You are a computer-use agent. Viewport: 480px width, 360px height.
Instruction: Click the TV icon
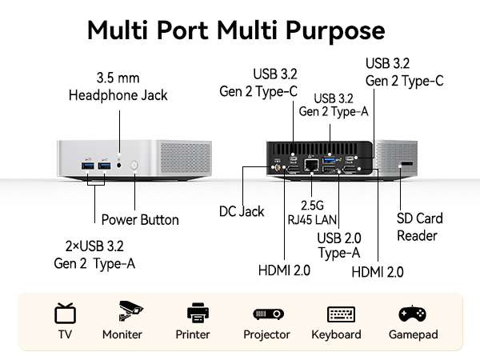(65, 313)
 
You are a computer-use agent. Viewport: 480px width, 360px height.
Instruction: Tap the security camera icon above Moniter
(130, 310)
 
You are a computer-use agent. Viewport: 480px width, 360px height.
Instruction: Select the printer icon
(198, 313)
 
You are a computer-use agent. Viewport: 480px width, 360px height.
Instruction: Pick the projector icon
(269, 314)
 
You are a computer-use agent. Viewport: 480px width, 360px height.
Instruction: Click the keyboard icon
(341, 314)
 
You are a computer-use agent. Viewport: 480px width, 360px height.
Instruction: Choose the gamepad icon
(412, 314)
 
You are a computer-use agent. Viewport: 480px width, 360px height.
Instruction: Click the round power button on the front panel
(134, 166)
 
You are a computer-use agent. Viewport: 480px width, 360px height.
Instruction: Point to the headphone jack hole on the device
(119, 166)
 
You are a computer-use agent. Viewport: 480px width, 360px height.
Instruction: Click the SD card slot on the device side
(407, 164)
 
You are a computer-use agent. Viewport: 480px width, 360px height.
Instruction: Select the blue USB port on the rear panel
(329, 160)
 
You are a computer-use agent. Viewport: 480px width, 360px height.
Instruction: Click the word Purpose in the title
(335, 30)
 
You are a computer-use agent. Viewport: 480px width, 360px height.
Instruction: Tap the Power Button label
(140, 220)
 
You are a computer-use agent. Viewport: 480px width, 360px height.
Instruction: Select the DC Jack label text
(242, 211)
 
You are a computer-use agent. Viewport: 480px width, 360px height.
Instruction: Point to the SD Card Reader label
(419, 227)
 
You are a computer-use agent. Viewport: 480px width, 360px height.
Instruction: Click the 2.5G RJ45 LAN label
(312, 213)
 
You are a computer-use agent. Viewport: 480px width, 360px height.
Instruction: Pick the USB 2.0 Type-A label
(339, 246)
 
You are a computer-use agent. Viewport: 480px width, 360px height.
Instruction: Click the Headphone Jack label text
(118, 95)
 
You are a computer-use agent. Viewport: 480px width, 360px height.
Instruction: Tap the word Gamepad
(414, 334)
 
